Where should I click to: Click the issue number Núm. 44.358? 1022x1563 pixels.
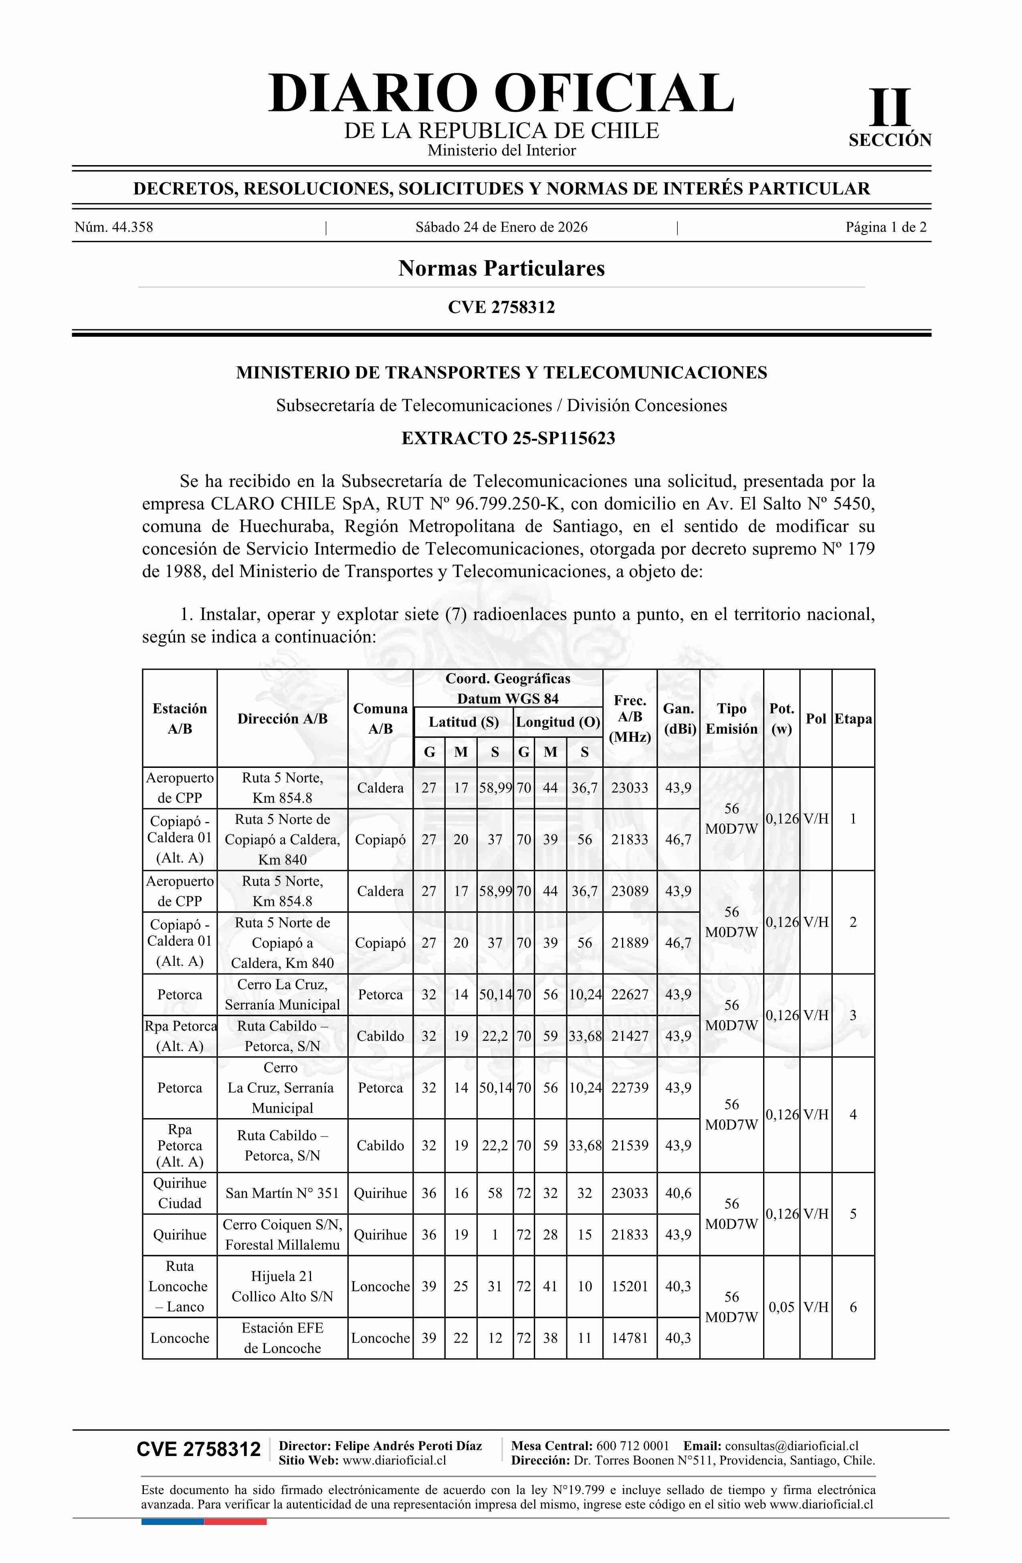click(x=114, y=227)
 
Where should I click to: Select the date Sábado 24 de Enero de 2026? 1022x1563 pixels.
click(x=501, y=227)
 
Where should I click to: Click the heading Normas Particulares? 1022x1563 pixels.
click(x=501, y=268)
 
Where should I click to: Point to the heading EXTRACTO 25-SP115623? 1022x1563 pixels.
click(x=508, y=438)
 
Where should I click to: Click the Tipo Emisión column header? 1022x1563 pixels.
click(x=731, y=719)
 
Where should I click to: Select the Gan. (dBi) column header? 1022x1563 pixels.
click(x=678, y=719)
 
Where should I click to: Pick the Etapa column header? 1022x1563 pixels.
click(x=852, y=719)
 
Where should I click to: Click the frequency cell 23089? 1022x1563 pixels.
click(x=629, y=891)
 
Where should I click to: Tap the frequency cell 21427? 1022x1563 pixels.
click(x=629, y=1036)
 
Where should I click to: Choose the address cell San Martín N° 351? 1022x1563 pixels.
click(x=282, y=1193)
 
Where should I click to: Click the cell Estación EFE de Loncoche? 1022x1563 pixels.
click(x=282, y=1338)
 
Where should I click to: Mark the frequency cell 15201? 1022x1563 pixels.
click(x=629, y=1286)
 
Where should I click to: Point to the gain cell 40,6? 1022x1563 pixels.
click(x=678, y=1193)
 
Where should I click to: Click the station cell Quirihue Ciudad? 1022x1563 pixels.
click(x=179, y=1193)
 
